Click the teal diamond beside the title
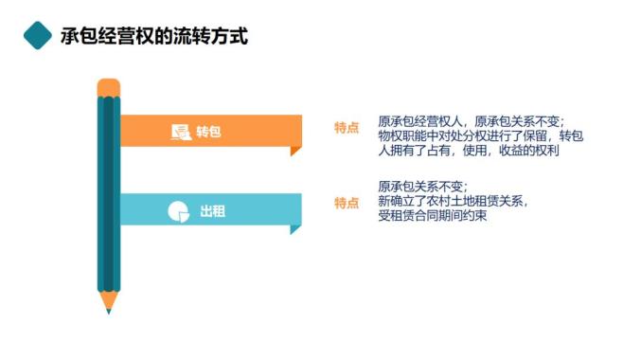tap(38, 36)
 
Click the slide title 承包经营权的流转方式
tap(154, 36)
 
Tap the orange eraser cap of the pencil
tap(109, 87)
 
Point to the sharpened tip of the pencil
tap(109, 312)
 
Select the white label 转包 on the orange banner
tap(208, 132)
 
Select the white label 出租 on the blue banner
tap(213, 211)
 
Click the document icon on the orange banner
tap(181, 132)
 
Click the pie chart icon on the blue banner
tap(179, 211)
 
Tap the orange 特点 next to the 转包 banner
tap(347, 128)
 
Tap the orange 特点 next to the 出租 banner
tap(347, 203)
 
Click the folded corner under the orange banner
tap(294, 151)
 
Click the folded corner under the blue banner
tap(294, 229)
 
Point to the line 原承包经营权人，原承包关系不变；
tap(471, 121)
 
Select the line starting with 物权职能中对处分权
tap(480, 135)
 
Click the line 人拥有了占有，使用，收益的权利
tap(469, 150)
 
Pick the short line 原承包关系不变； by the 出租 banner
tap(422, 187)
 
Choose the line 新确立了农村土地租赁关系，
tap(453, 201)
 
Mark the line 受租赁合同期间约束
tap(432, 215)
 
